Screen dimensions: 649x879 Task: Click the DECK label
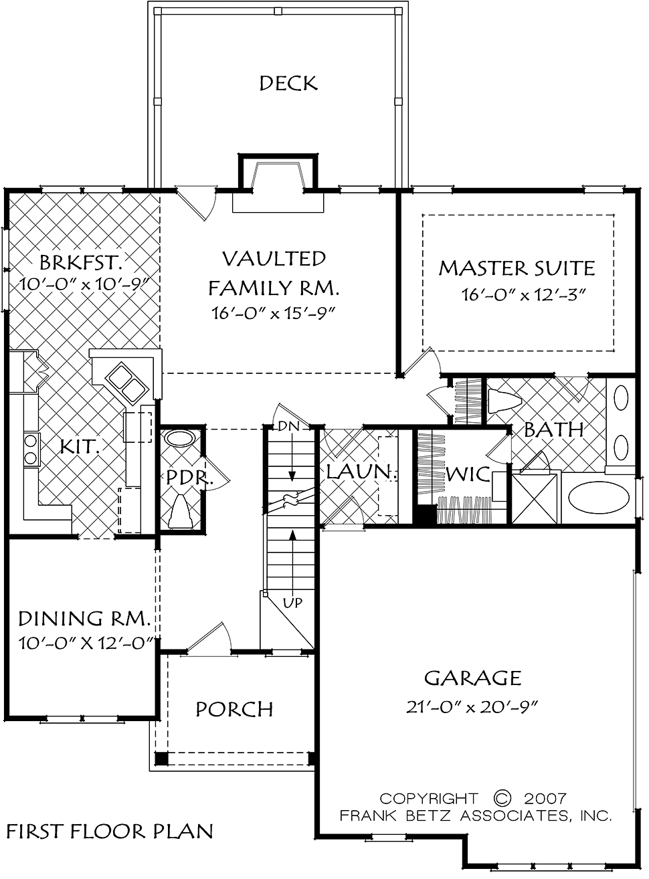(288, 83)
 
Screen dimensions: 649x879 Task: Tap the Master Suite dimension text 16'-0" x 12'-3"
(524, 294)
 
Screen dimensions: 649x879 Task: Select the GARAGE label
(473, 678)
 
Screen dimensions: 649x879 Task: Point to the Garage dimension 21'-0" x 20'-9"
(472, 707)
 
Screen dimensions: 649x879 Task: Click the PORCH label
(234, 709)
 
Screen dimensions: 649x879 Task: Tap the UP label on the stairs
(292, 603)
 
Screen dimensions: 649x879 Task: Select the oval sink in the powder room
(179, 439)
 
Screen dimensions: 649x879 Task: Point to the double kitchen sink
(127, 381)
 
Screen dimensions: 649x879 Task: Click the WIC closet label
(468, 474)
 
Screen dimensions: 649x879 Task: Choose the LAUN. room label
(361, 472)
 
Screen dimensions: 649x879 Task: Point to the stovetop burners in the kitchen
(31, 449)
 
